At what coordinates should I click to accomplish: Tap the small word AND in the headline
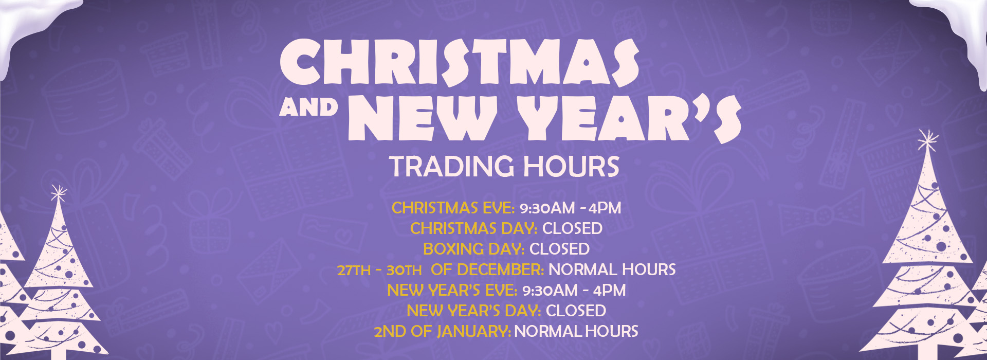click(309, 107)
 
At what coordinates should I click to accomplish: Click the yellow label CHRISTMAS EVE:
click(453, 208)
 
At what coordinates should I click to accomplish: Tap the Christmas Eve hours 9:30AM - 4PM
click(571, 208)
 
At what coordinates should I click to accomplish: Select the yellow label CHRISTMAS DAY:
click(474, 228)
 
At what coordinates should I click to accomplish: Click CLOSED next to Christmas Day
click(572, 228)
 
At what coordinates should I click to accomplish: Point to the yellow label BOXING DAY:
click(474, 249)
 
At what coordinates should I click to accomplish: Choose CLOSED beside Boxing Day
click(559, 249)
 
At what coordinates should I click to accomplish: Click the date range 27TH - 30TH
click(379, 270)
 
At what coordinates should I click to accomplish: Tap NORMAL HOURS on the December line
click(612, 269)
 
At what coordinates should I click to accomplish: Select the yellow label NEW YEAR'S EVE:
click(452, 290)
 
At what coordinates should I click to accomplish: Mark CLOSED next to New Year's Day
click(576, 311)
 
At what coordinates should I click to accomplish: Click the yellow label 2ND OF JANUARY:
click(443, 331)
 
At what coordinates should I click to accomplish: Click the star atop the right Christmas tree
click(927, 139)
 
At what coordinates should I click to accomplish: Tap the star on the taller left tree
click(59, 194)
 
